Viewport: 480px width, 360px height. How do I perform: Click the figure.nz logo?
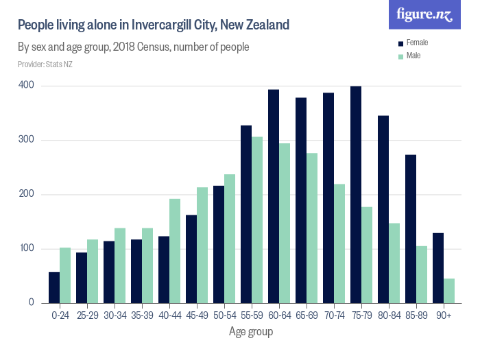[x=424, y=14]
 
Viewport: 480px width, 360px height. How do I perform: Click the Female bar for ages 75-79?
[x=356, y=195]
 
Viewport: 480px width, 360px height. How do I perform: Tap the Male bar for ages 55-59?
[x=257, y=220]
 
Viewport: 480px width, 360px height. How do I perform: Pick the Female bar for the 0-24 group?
[x=54, y=287]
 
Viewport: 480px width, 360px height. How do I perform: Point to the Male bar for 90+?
[x=449, y=291]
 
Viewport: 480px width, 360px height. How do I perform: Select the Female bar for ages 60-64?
[x=274, y=196]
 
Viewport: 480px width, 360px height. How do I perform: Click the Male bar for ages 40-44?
[x=175, y=251]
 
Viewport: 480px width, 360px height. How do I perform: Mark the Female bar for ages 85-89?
[x=411, y=229]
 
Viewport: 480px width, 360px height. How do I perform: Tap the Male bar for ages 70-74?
[x=339, y=243]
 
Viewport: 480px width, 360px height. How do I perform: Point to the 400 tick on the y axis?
[x=27, y=86]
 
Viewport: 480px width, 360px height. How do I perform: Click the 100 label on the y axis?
[x=27, y=248]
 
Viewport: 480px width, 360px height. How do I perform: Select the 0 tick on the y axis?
[x=31, y=302]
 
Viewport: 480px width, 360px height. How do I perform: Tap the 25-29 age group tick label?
[x=87, y=316]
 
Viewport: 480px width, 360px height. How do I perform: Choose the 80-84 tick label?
[x=389, y=316]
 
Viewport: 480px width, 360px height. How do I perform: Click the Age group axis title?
[x=251, y=333]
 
